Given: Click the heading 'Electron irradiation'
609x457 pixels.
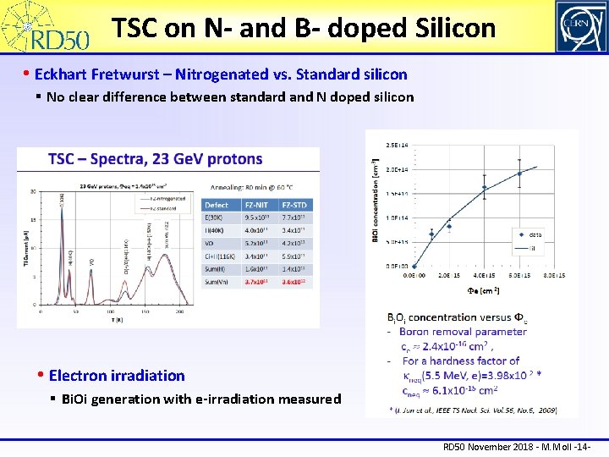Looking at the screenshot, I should point(117,375).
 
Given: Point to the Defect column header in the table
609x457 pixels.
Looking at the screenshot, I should point(217,205).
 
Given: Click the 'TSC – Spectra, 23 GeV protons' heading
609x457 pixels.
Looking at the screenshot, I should point(156,159).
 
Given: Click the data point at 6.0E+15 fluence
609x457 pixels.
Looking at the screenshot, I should point(520,173).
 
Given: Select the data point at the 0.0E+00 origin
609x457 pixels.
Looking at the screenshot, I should point(414,266).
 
